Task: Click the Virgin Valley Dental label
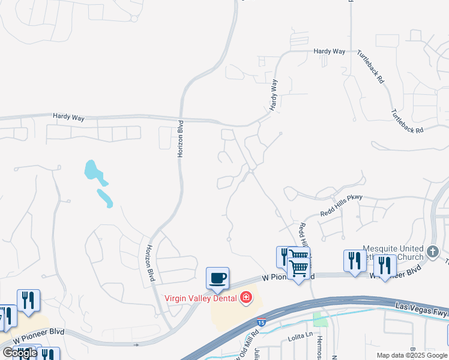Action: [x=202, y=298]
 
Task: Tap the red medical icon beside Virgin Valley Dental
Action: [x=246, y=298]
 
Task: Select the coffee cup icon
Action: [x=217, y=278]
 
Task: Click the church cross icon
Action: [x=434, y=251]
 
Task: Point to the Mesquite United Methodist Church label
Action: [x=393, y=252]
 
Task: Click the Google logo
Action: [x=20, y=353]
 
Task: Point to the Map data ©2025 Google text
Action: [x=412, y=355]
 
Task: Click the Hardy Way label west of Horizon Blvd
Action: [x=68, y=118]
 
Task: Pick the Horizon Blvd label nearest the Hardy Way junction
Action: [x=179, y=139]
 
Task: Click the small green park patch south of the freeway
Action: [x=321, y=319]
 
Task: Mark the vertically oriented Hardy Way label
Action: [x=274, y=94]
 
